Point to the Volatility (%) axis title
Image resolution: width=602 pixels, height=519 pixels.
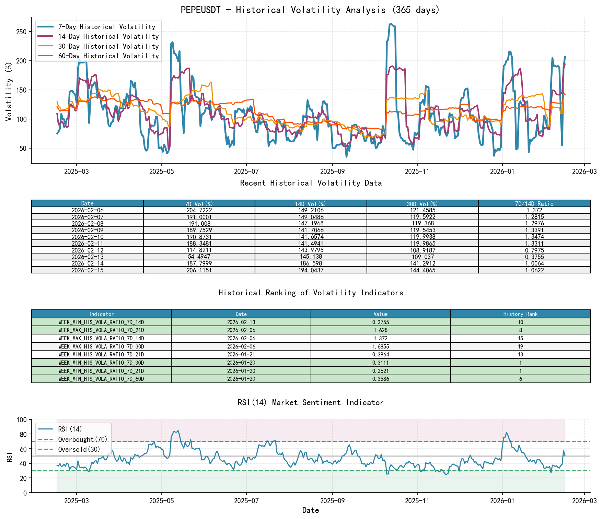(9, 92)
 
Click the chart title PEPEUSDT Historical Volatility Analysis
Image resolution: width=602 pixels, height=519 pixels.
(310, 10)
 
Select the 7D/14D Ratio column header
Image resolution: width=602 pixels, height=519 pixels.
(534, 203)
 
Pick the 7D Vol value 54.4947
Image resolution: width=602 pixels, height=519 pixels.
(199, 257)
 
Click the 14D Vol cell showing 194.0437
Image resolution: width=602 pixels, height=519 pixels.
(311, 270)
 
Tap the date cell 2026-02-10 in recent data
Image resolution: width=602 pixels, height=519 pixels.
(88, 237)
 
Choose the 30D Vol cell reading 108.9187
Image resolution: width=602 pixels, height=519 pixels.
(422, 250)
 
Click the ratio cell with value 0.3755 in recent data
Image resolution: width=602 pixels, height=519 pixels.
(534, 257)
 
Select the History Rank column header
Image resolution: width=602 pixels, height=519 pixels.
(520, 314)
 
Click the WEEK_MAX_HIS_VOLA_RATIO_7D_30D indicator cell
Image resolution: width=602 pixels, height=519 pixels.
(101, 346)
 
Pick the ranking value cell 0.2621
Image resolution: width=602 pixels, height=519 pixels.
(380, 371)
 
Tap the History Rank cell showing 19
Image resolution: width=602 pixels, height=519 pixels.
(520, 346)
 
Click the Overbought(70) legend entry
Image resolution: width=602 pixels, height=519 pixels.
(82, 439)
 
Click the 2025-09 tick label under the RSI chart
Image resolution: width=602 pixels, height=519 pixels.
(332, 500)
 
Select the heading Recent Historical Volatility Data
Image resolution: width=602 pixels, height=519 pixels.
(311, 183)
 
